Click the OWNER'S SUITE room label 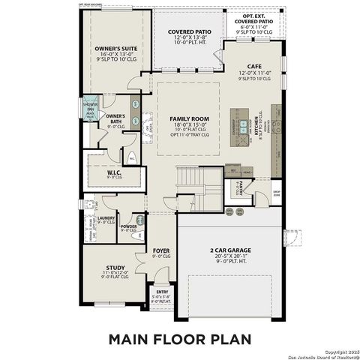(x=113, y=47)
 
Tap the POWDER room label (x=128, y=225)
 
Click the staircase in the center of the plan (x=191, y=180)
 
